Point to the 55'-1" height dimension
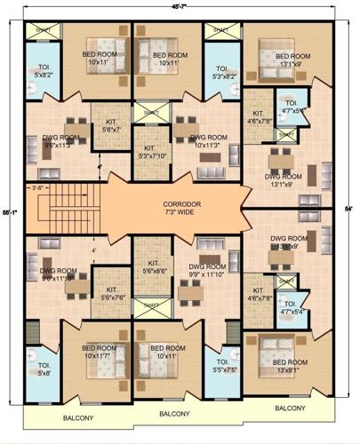click(7, 214)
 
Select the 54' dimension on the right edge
click(349, 209)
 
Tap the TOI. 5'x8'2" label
click(43, 72)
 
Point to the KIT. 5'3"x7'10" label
click(149, 154)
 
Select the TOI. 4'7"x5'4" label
click(290, 308)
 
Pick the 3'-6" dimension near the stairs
click(37, 188)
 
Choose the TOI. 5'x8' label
click(43, 369)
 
